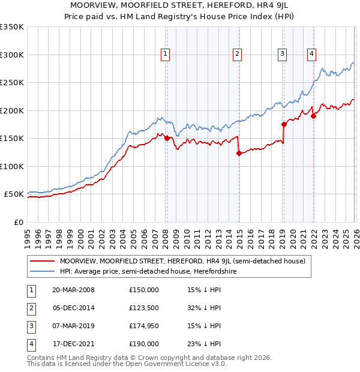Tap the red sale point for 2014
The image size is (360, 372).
[x=238, y=153]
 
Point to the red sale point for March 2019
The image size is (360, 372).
[x=283, y=124]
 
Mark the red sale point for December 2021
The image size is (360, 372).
[x=313, y=116]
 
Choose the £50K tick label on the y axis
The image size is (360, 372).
[x=14, y=194]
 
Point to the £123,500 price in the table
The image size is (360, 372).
[x=144, y=308]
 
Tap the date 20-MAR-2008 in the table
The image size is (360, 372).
[x=74, y=290]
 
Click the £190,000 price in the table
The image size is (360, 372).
[x=144, y=344]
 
